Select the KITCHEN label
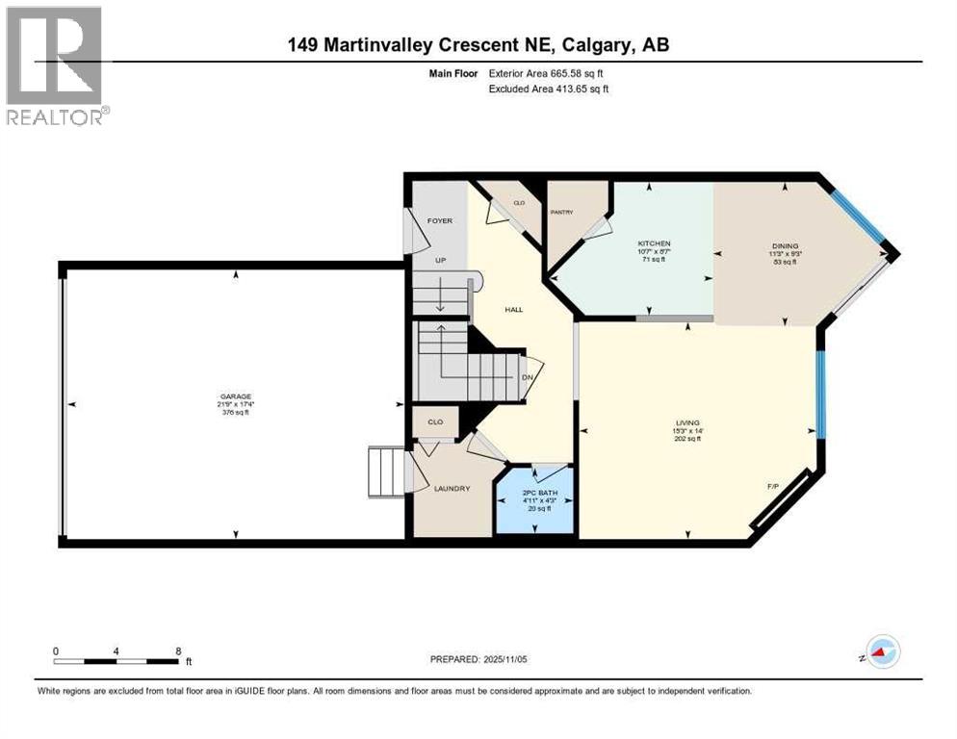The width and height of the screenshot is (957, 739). (654, 243)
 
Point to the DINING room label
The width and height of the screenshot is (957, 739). (784, 245)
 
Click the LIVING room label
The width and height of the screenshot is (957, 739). (687, 421)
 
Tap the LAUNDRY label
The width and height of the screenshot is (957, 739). (452, 488)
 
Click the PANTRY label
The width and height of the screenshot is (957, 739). (561, 212)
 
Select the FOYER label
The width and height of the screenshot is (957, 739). (439, 220)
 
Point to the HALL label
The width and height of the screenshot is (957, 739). (513, 309)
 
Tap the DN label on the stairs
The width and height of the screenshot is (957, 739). (527, 377)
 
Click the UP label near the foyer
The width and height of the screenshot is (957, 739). (439, 260)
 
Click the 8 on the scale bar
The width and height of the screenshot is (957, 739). (178, 650)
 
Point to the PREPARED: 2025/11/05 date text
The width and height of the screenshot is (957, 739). (478, 659)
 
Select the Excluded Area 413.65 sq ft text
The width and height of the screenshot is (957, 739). (549, 89)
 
